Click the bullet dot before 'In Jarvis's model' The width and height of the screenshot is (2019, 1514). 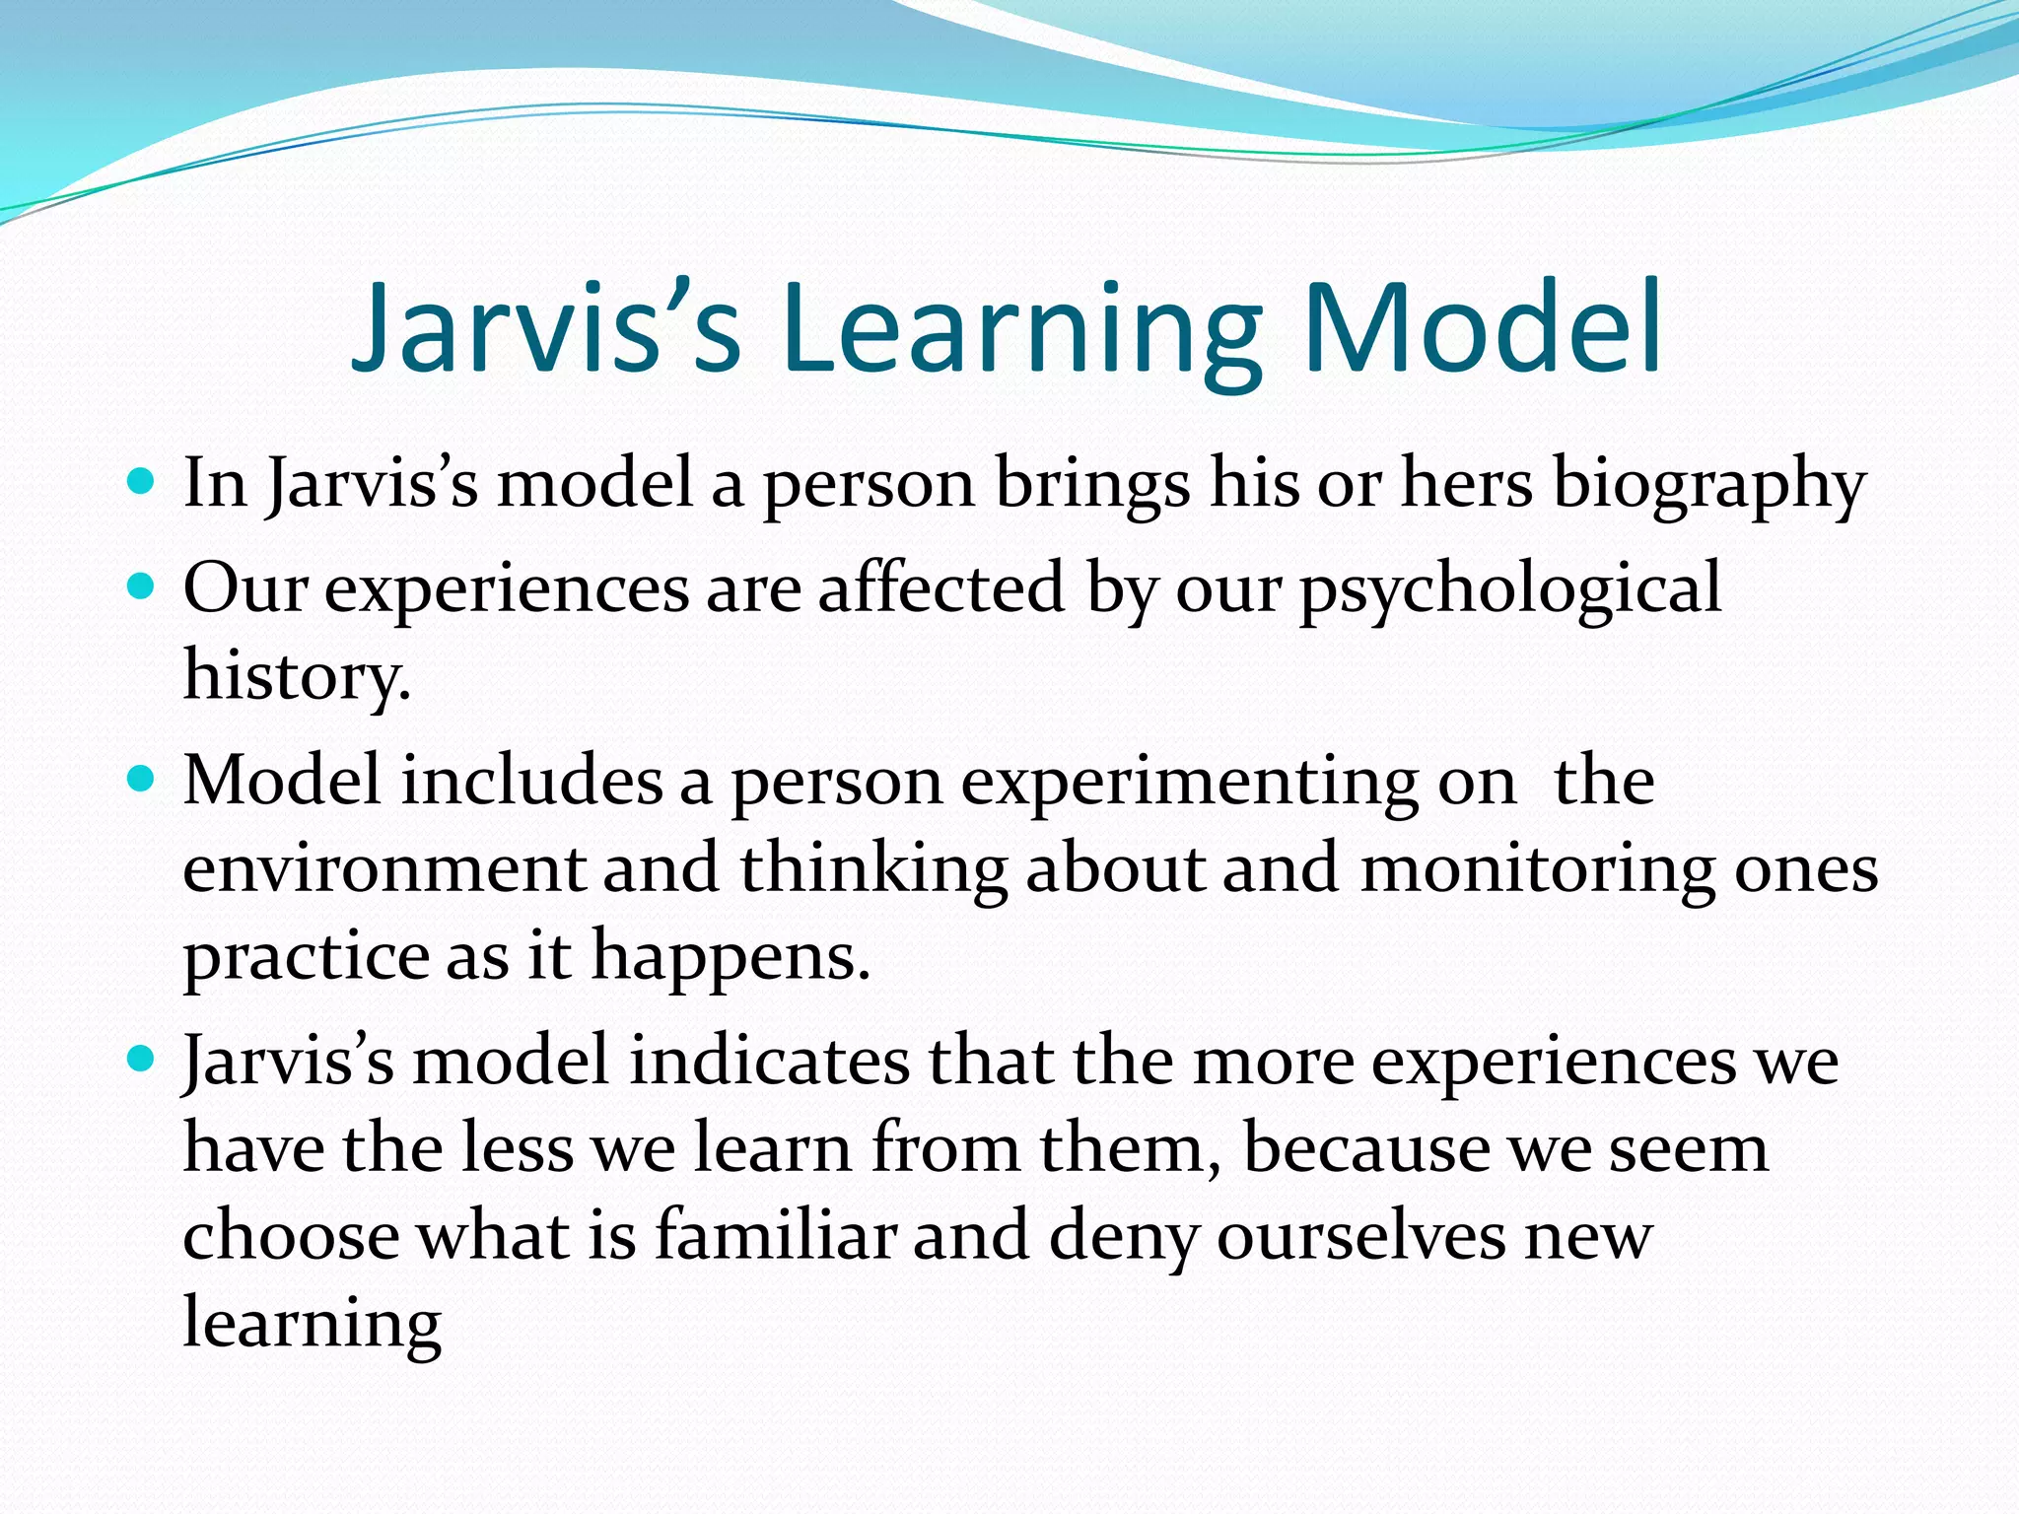click(142, 482)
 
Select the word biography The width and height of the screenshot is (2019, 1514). click(1708, 486)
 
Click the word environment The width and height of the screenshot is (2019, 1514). click(383, 869)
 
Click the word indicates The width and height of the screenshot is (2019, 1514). click(769, 1063)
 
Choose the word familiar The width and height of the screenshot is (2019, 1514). click(776, 1236)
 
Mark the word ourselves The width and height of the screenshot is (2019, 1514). click(1360, 1236)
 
